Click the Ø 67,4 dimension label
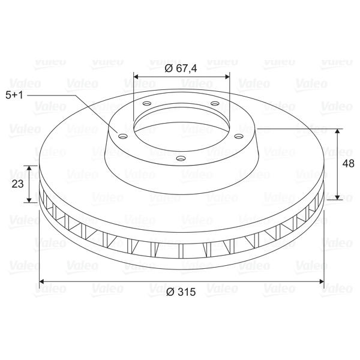181,68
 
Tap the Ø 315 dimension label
181,292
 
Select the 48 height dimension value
348,163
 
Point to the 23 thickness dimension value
17,184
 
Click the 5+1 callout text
14,95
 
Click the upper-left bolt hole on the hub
147,104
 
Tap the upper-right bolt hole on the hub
215,104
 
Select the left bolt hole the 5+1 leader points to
123,136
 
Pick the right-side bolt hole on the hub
239,136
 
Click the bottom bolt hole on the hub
181,158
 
